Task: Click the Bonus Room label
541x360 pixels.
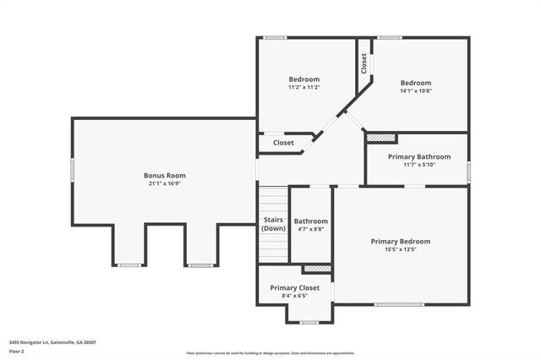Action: click(x=164, y=175)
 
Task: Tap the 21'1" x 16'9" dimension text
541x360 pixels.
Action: click(x=164, y=183)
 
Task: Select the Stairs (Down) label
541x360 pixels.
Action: click(x=273, y=224)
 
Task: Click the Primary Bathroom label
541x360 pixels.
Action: click(x=418, y=156)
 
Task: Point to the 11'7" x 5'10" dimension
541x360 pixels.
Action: click(x=418, y=165)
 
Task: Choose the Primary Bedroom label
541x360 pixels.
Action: click(x=400, y=241)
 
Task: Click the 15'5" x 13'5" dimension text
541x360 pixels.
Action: click(x=400, y=249)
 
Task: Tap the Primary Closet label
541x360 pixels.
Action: click(x=294, y=287)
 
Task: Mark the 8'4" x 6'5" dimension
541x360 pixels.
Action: click(x=294, y=296)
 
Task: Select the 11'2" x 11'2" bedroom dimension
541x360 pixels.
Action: click(x=304, y=87)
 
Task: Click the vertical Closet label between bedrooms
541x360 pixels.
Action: click(x=364, y=63)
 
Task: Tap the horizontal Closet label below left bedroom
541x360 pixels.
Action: click(x=283, y=143)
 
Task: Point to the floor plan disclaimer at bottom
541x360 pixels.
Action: click(x=270, y=353)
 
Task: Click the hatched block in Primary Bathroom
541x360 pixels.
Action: click(x=381, y=138)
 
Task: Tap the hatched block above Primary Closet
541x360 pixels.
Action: click(x=317, y=269)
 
